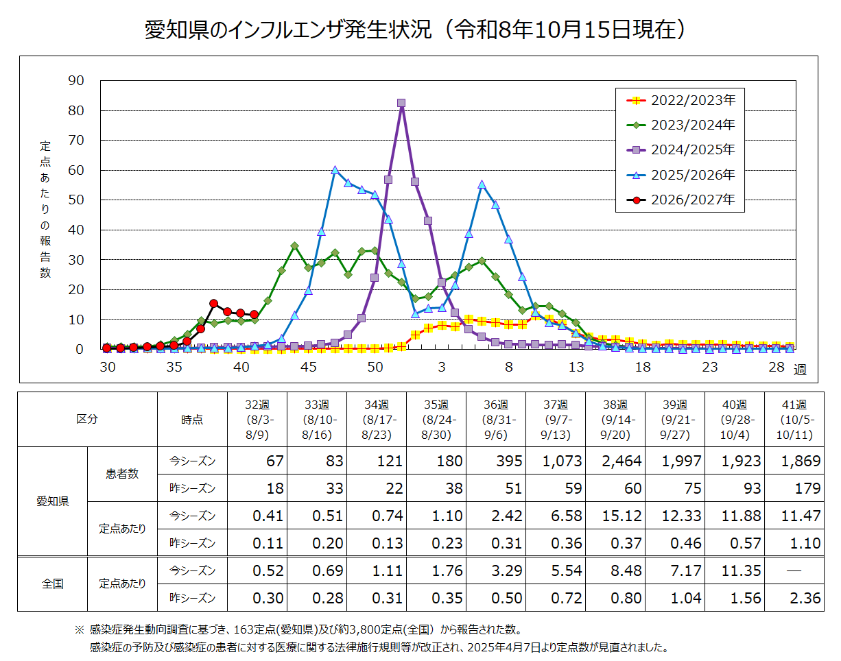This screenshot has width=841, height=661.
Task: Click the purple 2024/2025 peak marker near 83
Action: click(x=401, y=103)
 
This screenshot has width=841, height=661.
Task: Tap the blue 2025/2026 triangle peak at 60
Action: click(x=335, y=170)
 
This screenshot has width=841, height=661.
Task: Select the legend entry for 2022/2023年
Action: click(x=680, y=100)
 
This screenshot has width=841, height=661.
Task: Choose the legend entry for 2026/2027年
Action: click(x=680, y=200)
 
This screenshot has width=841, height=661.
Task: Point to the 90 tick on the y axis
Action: click(x=76, y=80)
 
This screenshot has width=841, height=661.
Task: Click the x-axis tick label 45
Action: click(x=308, y=367)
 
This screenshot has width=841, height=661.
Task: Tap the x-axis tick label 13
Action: click(x=576, y=367)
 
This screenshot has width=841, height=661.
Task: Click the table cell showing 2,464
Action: click(x=615, y=461)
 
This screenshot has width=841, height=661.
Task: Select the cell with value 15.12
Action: click(x=615, y=515)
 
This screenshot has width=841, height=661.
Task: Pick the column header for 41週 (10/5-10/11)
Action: click(x=794, y=419)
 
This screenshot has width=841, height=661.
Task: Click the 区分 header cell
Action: click(x=87, y=419)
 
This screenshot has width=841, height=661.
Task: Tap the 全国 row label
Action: click(x=52, y=584)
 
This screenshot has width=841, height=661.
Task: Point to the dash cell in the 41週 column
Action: click(x=794, y=570)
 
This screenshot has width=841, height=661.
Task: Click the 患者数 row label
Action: click(x=122, y=474)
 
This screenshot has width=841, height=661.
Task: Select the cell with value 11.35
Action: click(x=734, y=570)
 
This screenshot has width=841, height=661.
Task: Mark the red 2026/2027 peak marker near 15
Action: click(x=213, y=303)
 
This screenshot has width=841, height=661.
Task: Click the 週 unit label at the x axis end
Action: click(x=800, y=369)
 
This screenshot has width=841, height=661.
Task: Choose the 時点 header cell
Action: click(x=192, y=419)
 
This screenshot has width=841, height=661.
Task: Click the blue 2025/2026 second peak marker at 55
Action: click(x=482, y=184)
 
